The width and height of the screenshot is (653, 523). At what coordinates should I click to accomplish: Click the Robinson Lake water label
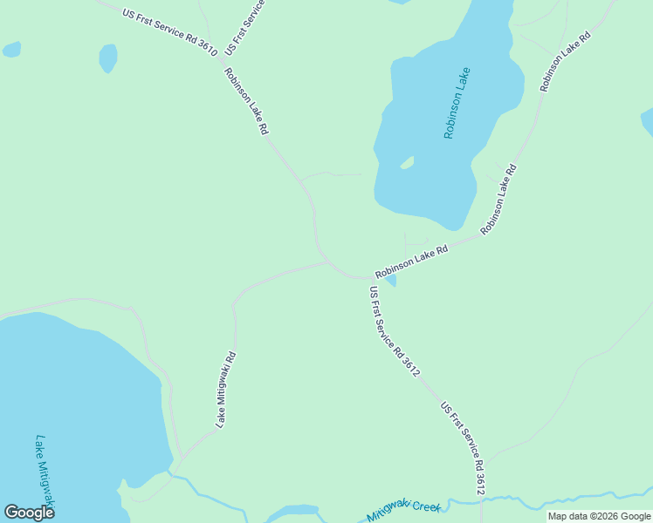pyautogui.click(x=457, y=103)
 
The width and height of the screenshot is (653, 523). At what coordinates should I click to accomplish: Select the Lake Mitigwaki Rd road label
pyautogui.click(x=226, y=389)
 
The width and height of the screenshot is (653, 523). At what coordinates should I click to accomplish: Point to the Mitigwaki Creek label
pyautogui.click(x=404, y=509)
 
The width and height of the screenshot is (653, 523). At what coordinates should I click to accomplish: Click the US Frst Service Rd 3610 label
pyautogui.click(x=169, y=33)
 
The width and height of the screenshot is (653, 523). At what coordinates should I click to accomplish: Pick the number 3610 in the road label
pyautogui.click(x=206, y=49)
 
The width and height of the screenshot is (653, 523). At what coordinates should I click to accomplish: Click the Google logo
pyautogui.click(x=29, y=512)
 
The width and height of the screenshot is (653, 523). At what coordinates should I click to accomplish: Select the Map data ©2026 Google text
pyautogui.click(x=599, y=516)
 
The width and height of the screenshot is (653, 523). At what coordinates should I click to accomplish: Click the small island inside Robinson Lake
pyautogui.click(x=407, y=162)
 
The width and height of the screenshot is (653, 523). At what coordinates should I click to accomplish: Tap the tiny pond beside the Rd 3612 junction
pyautogui.click(x=389, y=280)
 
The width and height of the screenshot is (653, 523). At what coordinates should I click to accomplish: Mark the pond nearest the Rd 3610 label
pyautogui.click(x=107, y=58)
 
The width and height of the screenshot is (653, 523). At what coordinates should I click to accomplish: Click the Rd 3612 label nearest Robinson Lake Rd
pyautogui.click(x=395, y=332)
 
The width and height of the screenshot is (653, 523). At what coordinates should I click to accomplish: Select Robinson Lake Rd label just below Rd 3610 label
pyautogui.click(x=246, y=100)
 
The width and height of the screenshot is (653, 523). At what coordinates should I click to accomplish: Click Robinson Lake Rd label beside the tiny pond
pyautogui.click(x=411, y=261)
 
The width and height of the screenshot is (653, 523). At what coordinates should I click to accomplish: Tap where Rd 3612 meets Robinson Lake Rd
pyautogui.click(x=366, y=278)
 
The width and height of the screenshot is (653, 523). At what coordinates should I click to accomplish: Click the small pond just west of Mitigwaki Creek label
pyautogui.click(x=292, y=512)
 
